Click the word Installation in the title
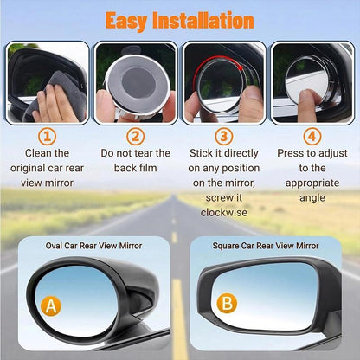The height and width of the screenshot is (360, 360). pyautogui.click(x=208, y=19)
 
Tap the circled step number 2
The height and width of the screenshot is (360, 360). pyautogui.click(x=136, y=136)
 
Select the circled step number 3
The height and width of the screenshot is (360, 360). pyautogui.click(x=223, y=136)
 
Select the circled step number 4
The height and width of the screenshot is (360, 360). pyautogui.click(x=312, y=136)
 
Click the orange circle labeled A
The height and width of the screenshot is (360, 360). pyautogui.click(x=52, y=305)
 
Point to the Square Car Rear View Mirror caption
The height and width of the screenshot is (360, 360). pyautogui.click(x=266, y=246)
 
